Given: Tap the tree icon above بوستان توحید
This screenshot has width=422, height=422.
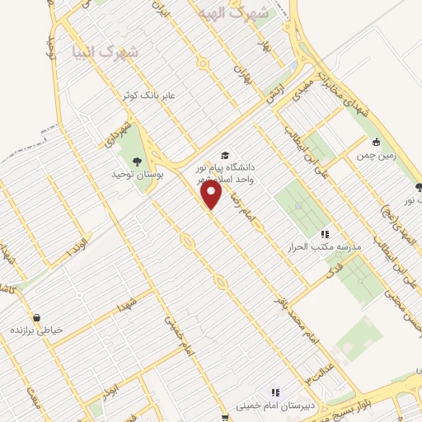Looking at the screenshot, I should pyautogui.click(x=137, y=162).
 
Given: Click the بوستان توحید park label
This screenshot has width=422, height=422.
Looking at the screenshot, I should pyautogui.click(x=138, y=176).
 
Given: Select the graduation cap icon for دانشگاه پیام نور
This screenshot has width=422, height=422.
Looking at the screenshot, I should pyautogui.click(x=225, y=155).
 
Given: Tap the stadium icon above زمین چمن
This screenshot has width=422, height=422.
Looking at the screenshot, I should pyautogui.click(x=377, y=142).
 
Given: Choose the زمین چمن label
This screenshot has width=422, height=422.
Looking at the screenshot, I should pyautogui.click(x=377, y=154).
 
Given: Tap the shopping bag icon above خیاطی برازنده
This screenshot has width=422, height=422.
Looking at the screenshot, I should pyautogui.click(x=35, y=317).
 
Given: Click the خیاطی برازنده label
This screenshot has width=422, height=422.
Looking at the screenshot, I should pyautogui.click(x=36, y=331).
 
